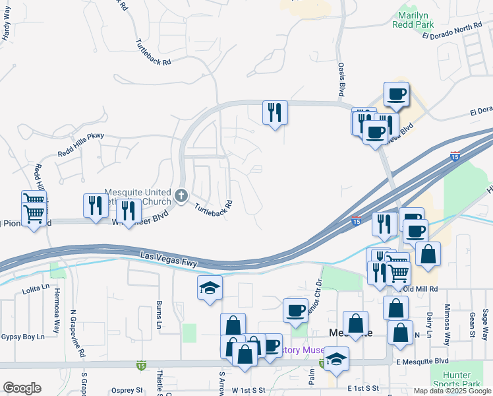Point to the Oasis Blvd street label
point(341,78)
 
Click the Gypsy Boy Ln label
point(22,337)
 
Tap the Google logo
point(22,388)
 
